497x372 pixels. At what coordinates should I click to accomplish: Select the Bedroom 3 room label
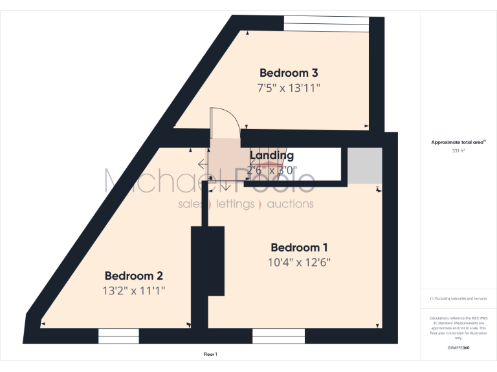pos(289,73)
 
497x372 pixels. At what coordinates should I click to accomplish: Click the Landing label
pos(272,156)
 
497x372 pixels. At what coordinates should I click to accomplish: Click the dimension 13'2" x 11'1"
pos(134,291)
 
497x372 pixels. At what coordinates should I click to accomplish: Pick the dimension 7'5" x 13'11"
pos(289,88)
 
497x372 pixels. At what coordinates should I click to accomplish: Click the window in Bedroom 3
pos(326,23)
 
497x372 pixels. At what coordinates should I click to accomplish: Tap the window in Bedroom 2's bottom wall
pos(118,335)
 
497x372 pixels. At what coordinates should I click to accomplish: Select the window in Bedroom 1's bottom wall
pos(278,335)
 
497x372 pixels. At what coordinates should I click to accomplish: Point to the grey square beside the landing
pos(364,165)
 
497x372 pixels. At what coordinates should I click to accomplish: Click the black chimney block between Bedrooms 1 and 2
pos(207,260)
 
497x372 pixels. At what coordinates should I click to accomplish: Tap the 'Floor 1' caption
pos(210,355)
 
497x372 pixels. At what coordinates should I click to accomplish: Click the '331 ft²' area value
pos(458,150)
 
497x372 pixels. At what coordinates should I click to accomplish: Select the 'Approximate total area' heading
pos(458,142)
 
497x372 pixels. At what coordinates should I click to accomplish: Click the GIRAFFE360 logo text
pos(458,347)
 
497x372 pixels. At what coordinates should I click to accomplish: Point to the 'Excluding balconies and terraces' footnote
pos(458,298)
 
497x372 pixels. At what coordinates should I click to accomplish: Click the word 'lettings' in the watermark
pos(235,204)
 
